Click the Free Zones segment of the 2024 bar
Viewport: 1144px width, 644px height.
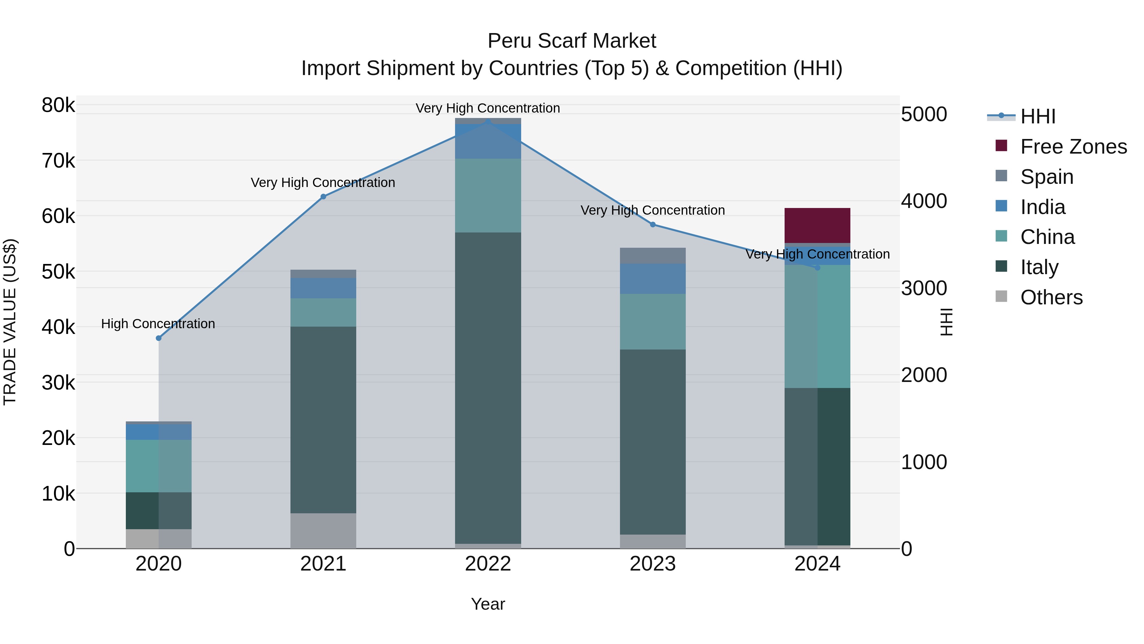[817, 225]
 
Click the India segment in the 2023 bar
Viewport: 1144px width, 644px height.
[652, 279]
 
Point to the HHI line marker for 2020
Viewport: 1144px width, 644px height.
[159, 338]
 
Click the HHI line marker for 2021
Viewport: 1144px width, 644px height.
[323, 197]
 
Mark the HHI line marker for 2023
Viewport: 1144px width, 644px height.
[653, 225]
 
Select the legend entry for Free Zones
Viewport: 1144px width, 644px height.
[1073, 147]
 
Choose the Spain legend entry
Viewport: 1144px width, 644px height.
[1046, 177]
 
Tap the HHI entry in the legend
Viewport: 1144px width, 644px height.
[1038, 116]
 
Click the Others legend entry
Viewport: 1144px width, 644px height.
[1051, 297]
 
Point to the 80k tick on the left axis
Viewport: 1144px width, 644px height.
[58, 105]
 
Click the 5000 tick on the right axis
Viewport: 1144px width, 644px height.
[924, 114]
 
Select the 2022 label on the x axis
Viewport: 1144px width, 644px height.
[487, 564]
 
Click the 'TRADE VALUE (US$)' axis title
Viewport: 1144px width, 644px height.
[10, 322]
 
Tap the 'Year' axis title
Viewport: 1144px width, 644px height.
[487, 604]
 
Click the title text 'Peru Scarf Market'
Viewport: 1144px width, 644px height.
[572, 41]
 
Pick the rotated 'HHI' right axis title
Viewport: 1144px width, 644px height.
[947, 322]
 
